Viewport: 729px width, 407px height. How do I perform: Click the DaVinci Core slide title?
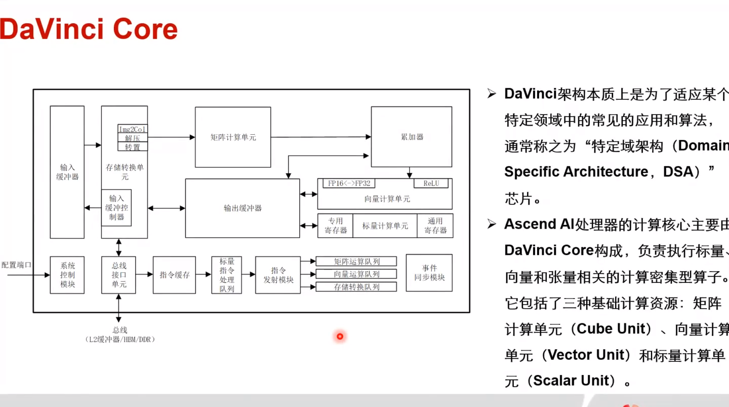tap(89, 29)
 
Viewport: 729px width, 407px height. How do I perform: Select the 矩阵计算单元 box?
tap(233, 137)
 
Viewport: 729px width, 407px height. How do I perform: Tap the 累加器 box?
tap(411, 137)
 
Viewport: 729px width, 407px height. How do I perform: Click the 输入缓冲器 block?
tap(67, 172)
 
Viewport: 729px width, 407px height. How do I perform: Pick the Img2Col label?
tap(133, 129)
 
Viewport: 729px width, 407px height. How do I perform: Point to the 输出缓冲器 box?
tap(242, 208)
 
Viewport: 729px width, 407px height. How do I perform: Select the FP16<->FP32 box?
tap(349, 183)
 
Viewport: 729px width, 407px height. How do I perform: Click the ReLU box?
tap(431, 183)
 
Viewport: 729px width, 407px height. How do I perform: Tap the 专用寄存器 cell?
tap(335, 226)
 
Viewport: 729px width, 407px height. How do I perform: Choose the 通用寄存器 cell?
tap(435, 226)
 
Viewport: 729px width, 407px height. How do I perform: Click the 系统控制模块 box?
tap(67, 275)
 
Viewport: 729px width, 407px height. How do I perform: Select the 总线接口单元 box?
tap(119, 275)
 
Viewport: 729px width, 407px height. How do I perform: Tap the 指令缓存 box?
tap(174, 275)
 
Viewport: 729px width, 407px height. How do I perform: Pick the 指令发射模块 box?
tap(278, 275)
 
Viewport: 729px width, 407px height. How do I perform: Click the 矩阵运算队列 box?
tap(356, 262)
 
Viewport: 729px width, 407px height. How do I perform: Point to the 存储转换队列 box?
tap(356, 287)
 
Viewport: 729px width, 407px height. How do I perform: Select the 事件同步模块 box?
tap(429, 273)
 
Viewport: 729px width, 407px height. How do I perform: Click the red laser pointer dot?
tap(340, 336)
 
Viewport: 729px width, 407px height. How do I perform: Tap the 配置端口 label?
tap(16, 265)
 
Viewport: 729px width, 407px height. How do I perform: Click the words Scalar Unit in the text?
tap(570, 381)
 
